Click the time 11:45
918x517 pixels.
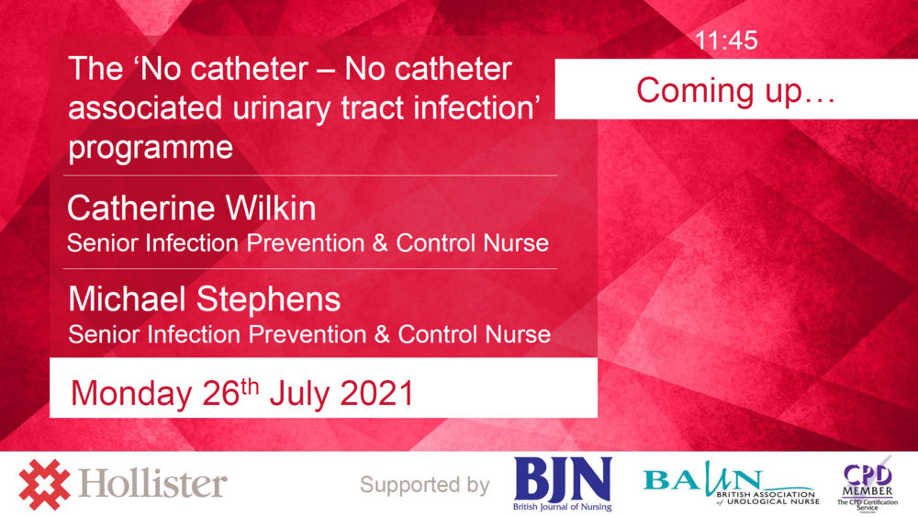coord(726,41)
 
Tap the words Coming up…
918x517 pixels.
coord(735,90)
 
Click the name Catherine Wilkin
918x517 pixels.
coord(191,208)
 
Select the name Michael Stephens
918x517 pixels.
coord(204,299)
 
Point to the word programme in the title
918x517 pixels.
coord(151,147)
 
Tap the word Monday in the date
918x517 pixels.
coord(130,393)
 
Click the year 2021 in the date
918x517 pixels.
coord(376,393)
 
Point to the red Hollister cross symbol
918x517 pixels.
coord(44,484)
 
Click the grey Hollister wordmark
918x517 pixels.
coord(153,484)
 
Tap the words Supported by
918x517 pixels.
coord(424,485)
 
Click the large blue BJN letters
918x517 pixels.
coord(562,478)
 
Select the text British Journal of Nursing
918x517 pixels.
coord(562,506)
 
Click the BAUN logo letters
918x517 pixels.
coord(702,479)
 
